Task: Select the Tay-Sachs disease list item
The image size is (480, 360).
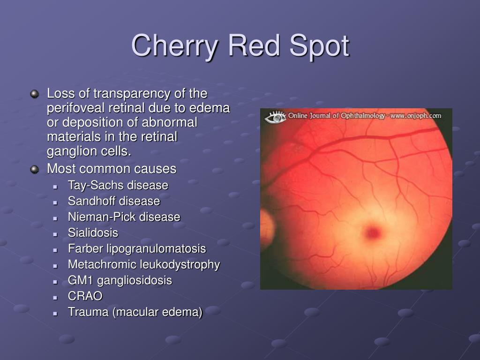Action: click(x=118, y=185)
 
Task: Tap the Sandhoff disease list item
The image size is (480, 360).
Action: click(x=113, y=201)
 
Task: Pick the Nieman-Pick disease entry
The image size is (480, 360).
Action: click(x=124, y=217)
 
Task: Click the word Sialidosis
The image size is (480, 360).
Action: click(x=93, y=233)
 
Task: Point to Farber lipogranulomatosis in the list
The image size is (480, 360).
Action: click(x=137, y=249)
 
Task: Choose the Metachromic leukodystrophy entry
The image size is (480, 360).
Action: click(x=143, y=265)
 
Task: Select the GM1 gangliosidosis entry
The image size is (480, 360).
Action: click(x=120, y=281)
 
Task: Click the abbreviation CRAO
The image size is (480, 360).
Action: click(x=85, y=296)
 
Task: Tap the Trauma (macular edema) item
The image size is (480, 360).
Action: click(x=135, y=312)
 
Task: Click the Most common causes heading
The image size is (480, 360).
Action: click(x=112, y=169)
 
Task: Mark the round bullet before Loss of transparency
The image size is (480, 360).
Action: click(x=34, y=94)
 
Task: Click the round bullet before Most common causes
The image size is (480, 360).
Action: click(x=34, y=169)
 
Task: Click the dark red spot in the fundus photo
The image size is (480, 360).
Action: click(x=373, y=231)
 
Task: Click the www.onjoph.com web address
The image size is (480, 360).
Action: click(x=415, y=116)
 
